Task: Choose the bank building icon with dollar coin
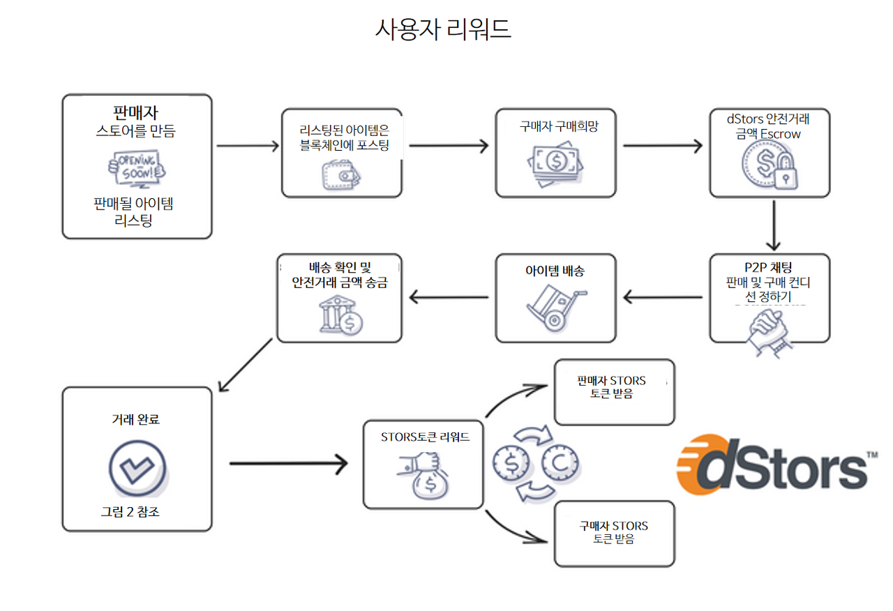340,314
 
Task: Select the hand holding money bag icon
423,475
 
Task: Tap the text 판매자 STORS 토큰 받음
612,387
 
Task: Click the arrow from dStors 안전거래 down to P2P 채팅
773,225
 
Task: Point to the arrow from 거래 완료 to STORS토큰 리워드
287,462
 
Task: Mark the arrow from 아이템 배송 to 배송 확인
448,298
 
